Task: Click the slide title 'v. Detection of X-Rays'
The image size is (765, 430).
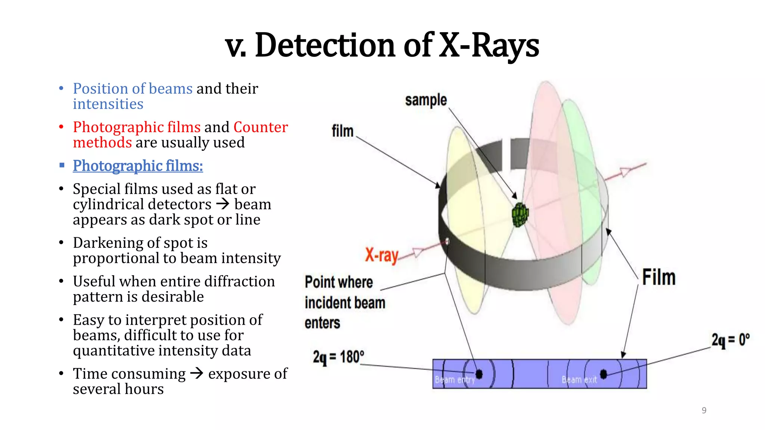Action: [382, 45]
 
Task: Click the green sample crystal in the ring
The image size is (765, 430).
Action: [520, 215]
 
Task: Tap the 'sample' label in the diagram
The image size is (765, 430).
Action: [426, 100]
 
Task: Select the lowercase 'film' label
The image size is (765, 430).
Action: [342, 131]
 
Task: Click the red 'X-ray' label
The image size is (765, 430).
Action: [381, 256]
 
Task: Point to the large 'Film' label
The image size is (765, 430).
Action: [659, 277]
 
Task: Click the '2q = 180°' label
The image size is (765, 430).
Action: [338, 357]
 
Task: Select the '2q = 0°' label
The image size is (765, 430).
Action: [730, 340]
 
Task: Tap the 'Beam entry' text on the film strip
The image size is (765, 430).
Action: [455, 380]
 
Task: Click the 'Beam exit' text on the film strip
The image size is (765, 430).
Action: [579, 380]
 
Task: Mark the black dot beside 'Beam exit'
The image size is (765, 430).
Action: [604, 374]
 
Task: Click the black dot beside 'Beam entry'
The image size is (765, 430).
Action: [479, 374]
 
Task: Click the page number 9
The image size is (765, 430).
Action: [704, 411]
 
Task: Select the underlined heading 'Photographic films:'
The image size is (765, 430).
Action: [138, 166]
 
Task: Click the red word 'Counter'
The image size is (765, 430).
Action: [261, 127]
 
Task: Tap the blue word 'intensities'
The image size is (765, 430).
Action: [108, 104]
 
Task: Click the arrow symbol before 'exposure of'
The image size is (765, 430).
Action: [196, 373]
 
